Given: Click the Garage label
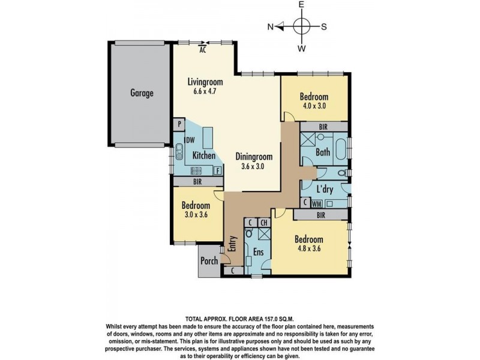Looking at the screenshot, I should coord(142,94).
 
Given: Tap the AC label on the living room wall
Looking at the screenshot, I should coord(203,50).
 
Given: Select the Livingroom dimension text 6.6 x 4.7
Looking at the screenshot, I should coord(205,92).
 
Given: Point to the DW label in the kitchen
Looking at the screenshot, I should coord(190,140).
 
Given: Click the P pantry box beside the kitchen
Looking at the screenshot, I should coord(179,125).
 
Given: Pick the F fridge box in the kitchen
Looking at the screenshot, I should coord(217,170).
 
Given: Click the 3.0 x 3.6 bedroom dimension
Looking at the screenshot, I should coord(196,215).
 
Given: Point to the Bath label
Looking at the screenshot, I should coord(323,152).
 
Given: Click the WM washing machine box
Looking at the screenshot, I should coord(316,204).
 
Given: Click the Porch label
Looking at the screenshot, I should coord(209,262).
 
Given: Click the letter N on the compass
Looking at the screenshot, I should coord(271,26).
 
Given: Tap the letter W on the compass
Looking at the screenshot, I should coord(302,47).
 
